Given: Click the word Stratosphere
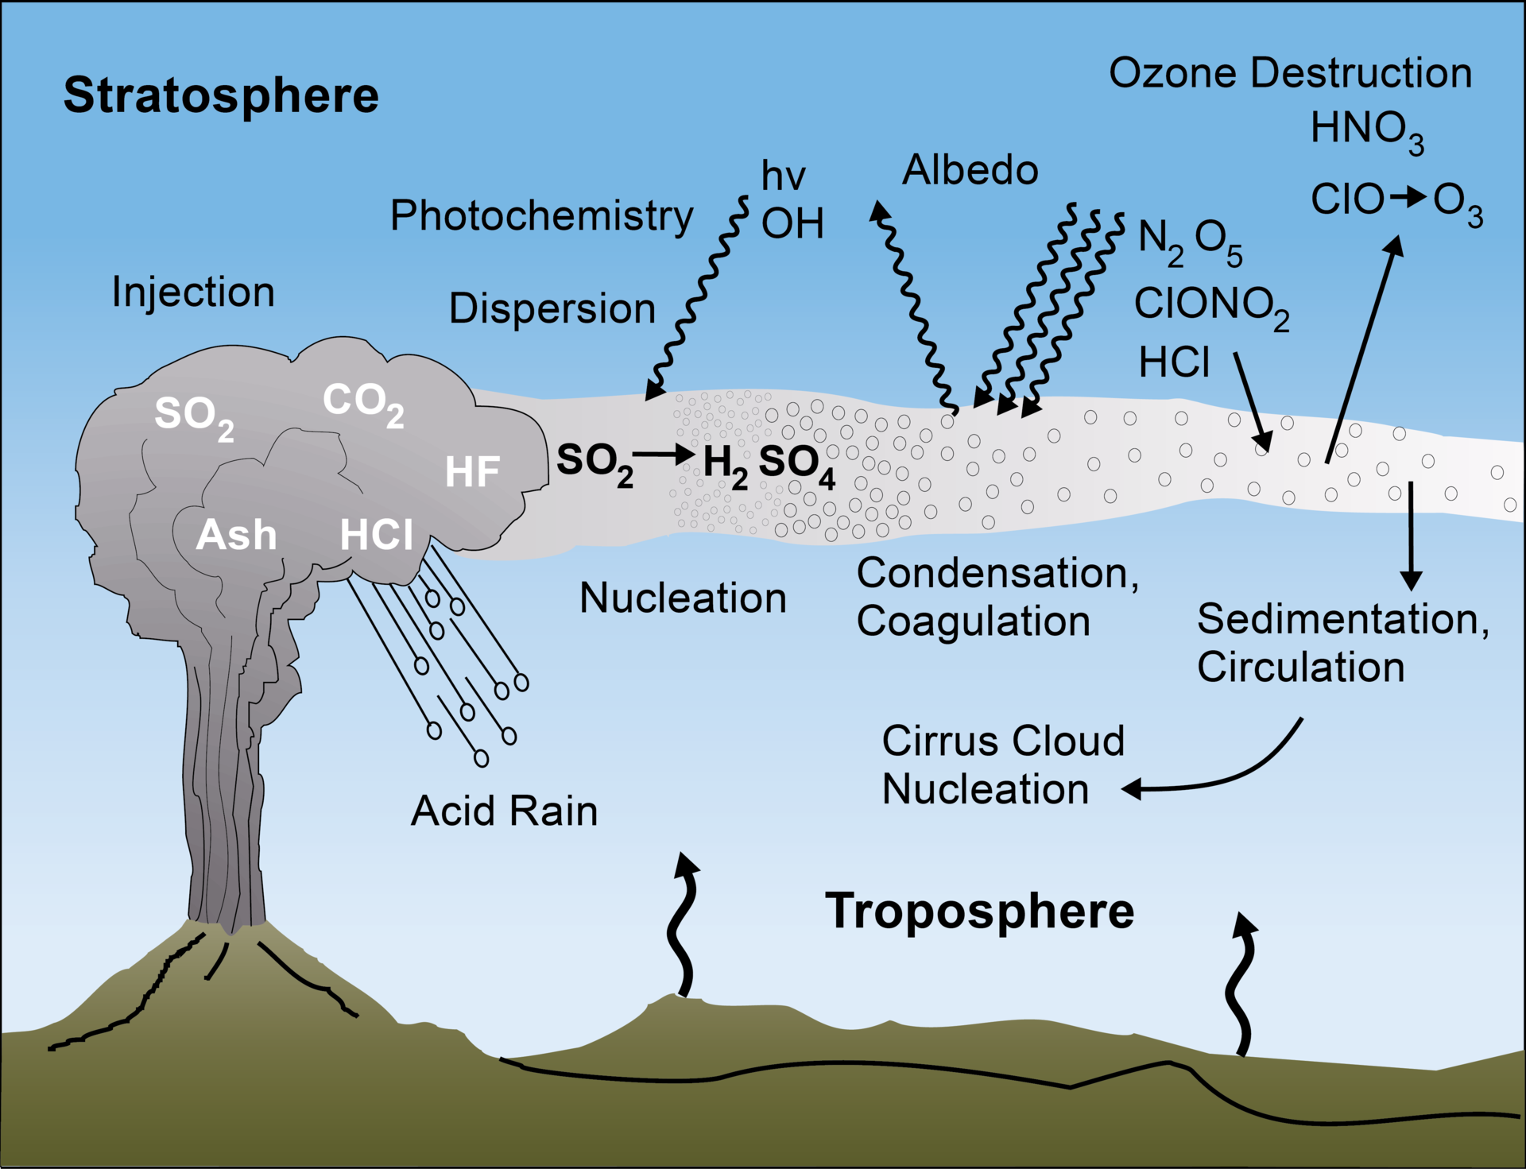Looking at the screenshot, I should point(221,96).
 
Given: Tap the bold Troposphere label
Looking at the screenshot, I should point(979,911).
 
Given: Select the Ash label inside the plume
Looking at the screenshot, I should point(236,535).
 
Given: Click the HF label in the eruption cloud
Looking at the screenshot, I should point(472,472).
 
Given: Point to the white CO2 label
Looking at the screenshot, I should point(362,404).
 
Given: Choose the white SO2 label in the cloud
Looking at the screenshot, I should point(194,417).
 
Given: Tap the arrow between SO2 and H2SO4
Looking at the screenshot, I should point(664,455).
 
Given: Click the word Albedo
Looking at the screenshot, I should point(970,170).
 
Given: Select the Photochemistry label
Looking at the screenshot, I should point(541,215).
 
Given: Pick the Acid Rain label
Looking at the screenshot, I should point(504,811).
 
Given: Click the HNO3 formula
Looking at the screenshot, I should point(1366,130).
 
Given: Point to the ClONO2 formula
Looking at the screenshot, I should point(1210,306).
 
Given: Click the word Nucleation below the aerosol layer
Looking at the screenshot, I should point(683,598).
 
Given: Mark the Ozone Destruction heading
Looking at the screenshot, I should point(1290,73).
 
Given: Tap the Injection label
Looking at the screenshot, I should point(193,292).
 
